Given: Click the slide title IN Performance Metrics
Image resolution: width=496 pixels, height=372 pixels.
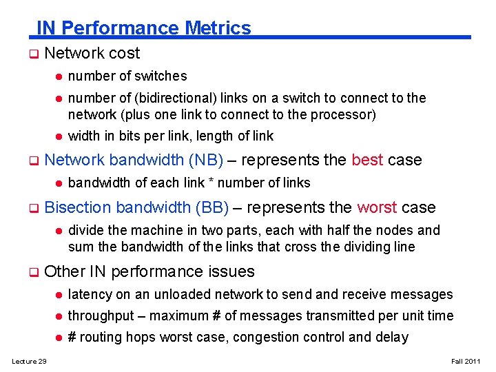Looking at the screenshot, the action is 143,28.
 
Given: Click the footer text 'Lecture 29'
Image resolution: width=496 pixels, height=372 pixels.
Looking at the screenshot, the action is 28,362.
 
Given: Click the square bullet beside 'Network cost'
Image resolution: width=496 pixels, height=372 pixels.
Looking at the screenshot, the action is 32,54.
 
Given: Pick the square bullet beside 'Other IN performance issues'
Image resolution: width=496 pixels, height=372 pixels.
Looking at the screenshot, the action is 32,272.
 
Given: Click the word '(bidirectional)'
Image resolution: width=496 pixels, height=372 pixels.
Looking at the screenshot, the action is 158,98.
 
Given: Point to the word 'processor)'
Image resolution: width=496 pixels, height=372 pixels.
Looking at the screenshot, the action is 345,114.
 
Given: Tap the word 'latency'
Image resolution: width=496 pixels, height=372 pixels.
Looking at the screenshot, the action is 89,295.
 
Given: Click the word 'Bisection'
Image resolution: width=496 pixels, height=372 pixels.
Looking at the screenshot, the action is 78,207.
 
